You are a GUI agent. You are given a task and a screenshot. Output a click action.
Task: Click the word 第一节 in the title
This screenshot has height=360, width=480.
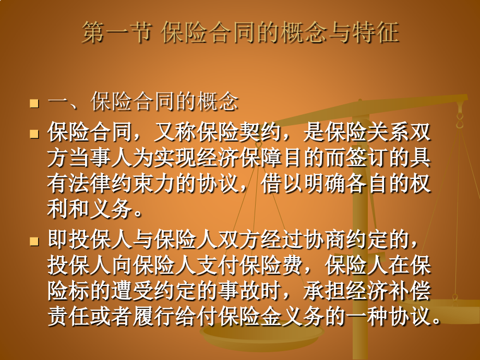click(x=116, y=33)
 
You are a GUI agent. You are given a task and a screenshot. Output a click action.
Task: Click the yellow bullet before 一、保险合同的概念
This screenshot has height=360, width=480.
click(x=35, y=103)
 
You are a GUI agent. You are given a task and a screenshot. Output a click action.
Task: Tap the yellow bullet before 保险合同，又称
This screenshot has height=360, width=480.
click(x=35, y=134)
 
